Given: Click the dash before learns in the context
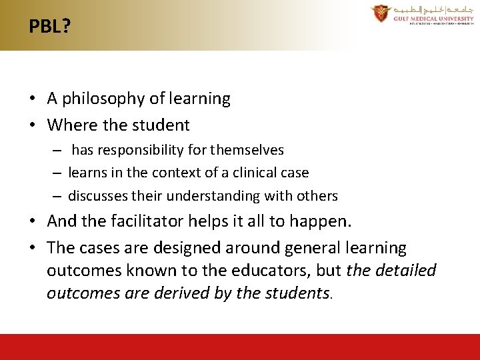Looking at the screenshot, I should pos(58,173).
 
